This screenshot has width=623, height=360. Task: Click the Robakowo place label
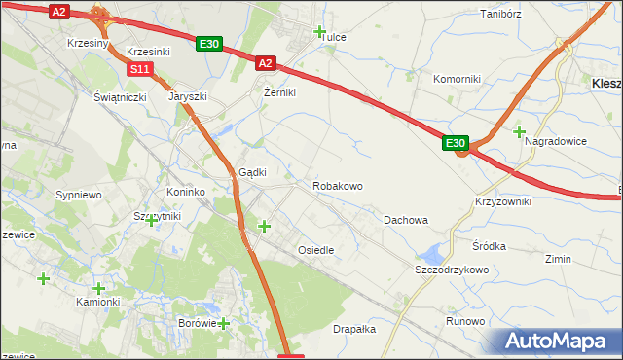[338, 185]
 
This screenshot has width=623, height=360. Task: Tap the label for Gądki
[252, 172]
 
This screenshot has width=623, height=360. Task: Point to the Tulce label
[334, 37]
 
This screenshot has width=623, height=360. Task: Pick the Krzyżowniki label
[502, 200]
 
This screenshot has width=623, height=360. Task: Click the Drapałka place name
[354, 329]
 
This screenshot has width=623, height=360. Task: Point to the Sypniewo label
[79, 195]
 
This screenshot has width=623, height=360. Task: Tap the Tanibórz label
[502, 15]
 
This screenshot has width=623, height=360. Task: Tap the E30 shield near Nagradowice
[457, 143]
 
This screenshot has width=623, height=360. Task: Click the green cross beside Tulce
[320, 31]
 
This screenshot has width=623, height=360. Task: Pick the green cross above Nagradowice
[519, 131]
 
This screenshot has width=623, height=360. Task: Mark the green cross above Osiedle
[264, 227]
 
